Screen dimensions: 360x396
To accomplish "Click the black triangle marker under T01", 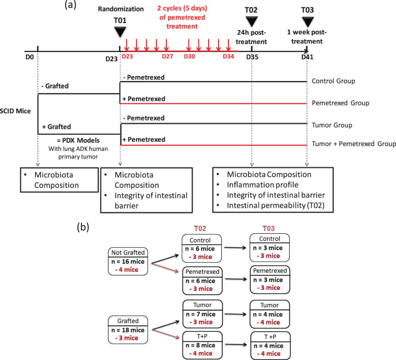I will [119, 32].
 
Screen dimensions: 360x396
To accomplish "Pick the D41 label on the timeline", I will [308, 58].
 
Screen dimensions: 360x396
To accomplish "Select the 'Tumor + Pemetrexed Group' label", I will [354, 144].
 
